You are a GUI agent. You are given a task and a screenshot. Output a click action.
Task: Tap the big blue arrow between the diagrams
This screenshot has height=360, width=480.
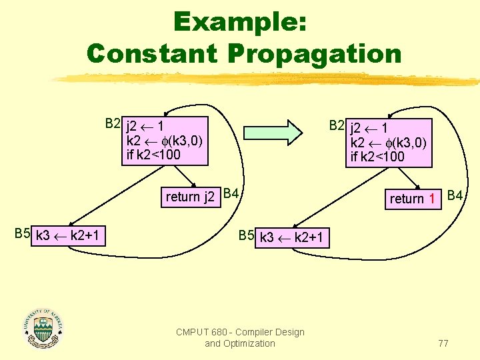coord(270,132)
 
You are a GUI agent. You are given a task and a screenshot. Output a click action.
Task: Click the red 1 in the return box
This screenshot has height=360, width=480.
coord(432,198)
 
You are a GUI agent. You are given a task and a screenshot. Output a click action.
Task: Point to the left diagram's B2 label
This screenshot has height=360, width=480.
coord(113,123)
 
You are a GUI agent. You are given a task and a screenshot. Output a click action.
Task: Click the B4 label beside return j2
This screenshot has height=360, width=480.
coord(232,194)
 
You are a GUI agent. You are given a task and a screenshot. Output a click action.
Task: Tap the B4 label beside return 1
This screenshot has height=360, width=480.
coord(456,196)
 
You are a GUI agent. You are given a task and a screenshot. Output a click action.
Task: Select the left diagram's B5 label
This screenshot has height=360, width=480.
coord(22,233)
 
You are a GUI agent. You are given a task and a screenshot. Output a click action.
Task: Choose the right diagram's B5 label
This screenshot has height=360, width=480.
coord(246,235)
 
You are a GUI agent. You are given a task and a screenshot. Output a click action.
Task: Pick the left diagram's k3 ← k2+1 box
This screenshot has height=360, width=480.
coord(69,235)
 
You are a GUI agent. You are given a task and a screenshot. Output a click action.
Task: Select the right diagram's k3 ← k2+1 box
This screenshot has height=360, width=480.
coord(293,237)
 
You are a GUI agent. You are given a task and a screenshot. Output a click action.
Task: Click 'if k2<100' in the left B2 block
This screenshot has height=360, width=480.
coord(153,155)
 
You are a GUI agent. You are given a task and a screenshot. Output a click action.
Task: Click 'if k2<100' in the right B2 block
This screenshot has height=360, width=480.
coord(378,157)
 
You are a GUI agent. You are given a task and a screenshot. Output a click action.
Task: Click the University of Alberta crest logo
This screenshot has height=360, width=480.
coord(43,328)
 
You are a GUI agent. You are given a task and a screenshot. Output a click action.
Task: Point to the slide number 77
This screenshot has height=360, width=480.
coord(443,343)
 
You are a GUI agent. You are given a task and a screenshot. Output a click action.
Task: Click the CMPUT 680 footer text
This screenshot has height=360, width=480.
coord(240,337)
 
